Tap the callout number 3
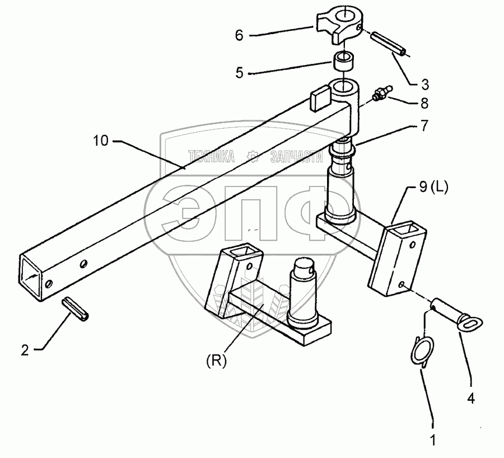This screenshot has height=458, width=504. pos(426,85)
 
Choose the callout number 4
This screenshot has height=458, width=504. pos(471,399)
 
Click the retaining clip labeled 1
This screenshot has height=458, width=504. pos(419,353)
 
